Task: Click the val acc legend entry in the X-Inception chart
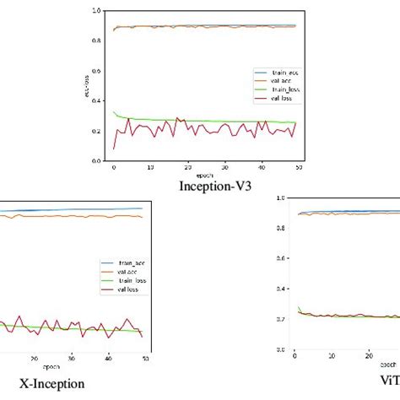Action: tap(122, 272)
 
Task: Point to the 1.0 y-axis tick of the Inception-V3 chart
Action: tap(101, 10)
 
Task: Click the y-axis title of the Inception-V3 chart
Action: tap(92, 84)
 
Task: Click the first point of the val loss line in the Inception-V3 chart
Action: tap(115, 149)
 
